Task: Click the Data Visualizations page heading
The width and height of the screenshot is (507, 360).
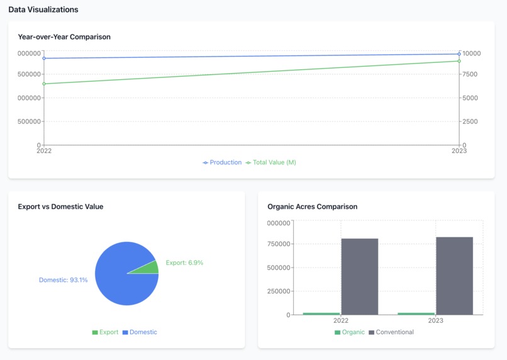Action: click(43, 9)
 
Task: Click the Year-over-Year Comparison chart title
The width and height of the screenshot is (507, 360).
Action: click(64, 37)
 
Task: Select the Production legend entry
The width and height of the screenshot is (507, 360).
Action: click(222, 162)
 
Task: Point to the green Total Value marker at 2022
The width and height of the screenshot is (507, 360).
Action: click(44, 84)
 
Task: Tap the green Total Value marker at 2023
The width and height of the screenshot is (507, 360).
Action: click(459, 61)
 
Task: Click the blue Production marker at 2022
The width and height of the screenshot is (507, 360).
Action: click(44, 58)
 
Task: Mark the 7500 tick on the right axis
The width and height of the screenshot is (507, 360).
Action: click(469, 74)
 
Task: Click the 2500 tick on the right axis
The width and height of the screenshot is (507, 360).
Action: click(469, 121)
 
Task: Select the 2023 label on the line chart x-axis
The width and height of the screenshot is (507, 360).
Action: click(459, 151)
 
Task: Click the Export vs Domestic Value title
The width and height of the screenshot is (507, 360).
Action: click(60, 206)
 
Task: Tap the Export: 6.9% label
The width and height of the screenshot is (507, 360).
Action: click(184, 262)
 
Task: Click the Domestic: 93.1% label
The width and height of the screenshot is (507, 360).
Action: click(63, 280)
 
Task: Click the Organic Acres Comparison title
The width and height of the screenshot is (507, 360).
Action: click(312, 206)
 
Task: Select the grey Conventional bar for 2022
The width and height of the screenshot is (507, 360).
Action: click(360, 277)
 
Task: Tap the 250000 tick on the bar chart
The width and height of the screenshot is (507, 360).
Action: click(278, 291)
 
